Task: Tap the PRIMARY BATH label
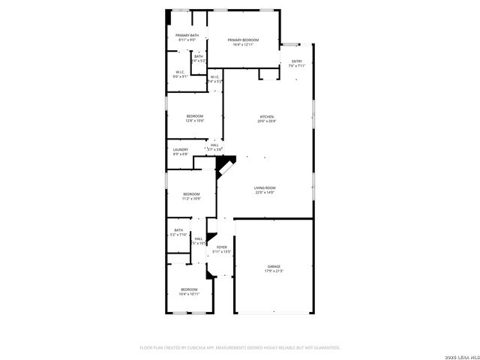[x=187, y=35]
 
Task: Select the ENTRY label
[x=296, y=61]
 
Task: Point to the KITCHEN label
[x=267, y=116]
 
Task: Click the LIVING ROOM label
[x=265, y=187]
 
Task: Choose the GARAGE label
[x=274, y=266]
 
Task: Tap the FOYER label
[x=222, y=247]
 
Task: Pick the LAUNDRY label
[x=181, y=149]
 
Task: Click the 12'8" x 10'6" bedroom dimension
[x=195, y=121]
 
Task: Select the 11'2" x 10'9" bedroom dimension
[x=192, y=199]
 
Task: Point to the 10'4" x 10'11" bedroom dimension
[x=189, y=294]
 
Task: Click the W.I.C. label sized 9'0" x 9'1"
[x=180, y=76]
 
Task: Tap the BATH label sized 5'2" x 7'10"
[x=178, y=235]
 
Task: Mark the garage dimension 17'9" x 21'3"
[x=274, y=271]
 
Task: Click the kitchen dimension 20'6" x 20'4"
[x=267, y=121]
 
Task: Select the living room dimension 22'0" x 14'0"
[x=265, y=193]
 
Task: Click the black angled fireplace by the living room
[x=225, y=162]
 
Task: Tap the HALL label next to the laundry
[x=214, y=145]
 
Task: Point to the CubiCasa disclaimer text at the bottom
[x=240, y=348]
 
